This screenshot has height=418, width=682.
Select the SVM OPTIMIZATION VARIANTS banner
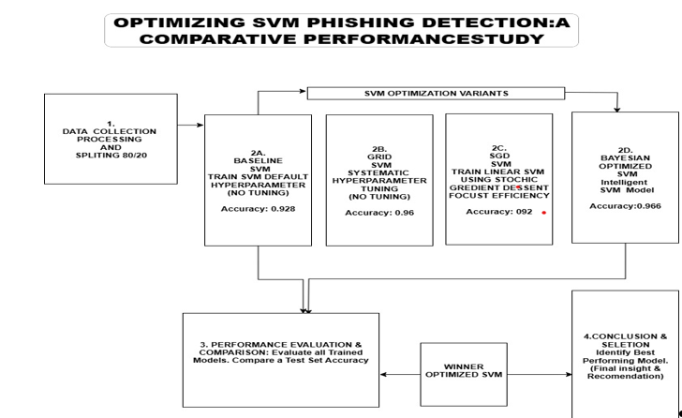(436, 94)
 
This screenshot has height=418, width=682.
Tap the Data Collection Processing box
(111, 139)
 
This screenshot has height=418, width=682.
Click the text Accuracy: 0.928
(258, 208)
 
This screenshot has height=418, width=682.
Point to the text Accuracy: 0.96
(379, 213)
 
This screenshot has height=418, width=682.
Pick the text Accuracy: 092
(499, 212)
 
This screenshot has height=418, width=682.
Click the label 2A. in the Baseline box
(258, 152)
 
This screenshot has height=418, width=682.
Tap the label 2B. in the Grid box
(379, 148)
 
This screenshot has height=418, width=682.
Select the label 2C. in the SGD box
(499, 147)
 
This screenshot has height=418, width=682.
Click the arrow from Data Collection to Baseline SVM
(190, 126)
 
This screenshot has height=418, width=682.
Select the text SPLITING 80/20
(111, 156)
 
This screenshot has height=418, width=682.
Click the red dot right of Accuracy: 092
(543, 213)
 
